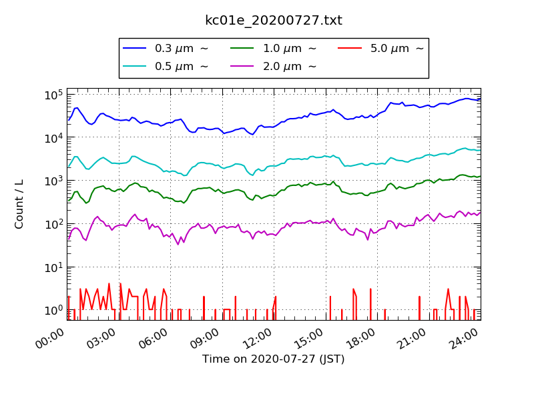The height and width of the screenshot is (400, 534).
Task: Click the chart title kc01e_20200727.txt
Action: (x=274, y=21)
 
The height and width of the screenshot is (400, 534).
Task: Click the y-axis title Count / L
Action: (x=19, y=204)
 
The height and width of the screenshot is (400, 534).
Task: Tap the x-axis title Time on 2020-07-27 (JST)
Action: (x=274, y=359)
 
